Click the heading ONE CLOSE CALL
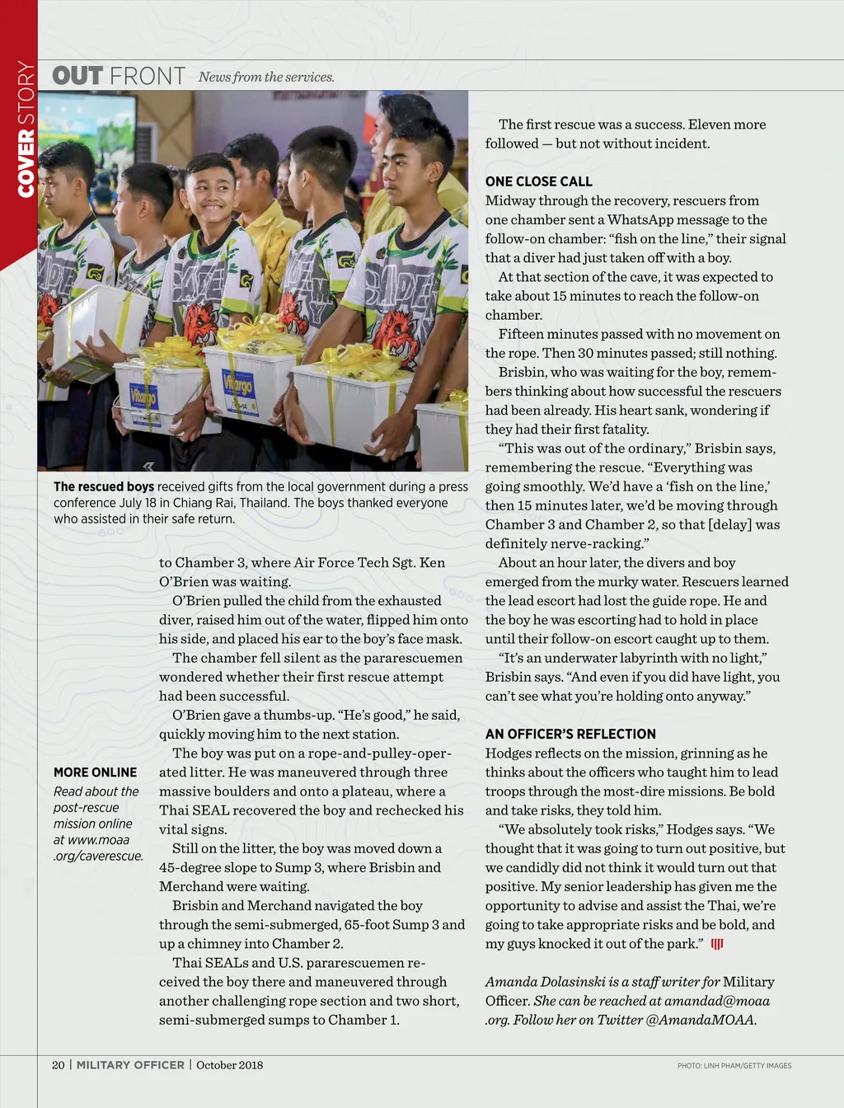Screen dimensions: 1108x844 (538, 181)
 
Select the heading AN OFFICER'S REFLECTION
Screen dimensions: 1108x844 (570, 734)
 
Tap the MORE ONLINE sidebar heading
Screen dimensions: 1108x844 (95, 772)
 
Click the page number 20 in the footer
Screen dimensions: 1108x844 (58, 1065)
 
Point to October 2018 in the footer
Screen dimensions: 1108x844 (229, 1065)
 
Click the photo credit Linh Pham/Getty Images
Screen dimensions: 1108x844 (734, 1066)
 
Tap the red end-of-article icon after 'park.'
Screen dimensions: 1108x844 (717, 944)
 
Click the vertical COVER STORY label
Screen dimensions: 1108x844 (26, 129)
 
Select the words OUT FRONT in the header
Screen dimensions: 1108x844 (118, 76)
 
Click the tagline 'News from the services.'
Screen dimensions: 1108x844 (266, 77)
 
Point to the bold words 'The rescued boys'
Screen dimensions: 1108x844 (104, 486)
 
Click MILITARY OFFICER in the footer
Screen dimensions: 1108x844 (130, 1065)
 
